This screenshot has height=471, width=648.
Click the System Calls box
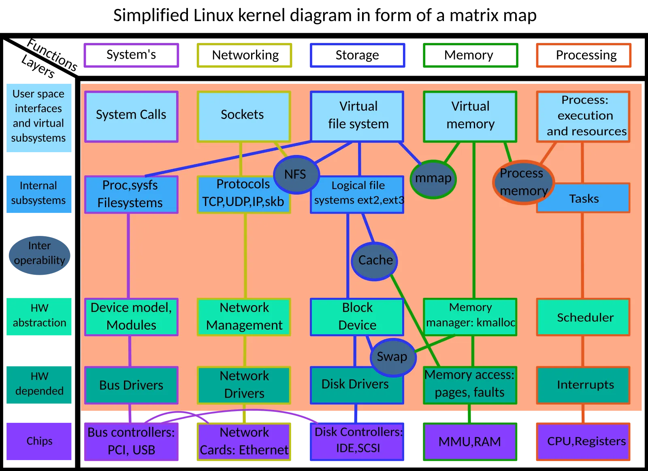click(131, 117)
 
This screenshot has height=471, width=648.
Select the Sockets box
click(243, 117)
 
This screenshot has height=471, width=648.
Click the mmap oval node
click(433, 178)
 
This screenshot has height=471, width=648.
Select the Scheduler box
click(583, 317)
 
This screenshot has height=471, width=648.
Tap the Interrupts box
click(583, 385)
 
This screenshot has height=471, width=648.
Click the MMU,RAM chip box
click(470, 442)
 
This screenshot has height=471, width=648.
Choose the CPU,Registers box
click(583, 442)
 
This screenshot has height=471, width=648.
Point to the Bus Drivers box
click(131, 385)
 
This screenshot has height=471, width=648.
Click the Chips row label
click(40, 441)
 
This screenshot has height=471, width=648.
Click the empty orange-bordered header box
click(583, 55)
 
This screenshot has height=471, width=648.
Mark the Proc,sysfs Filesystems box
click(131, 195)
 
